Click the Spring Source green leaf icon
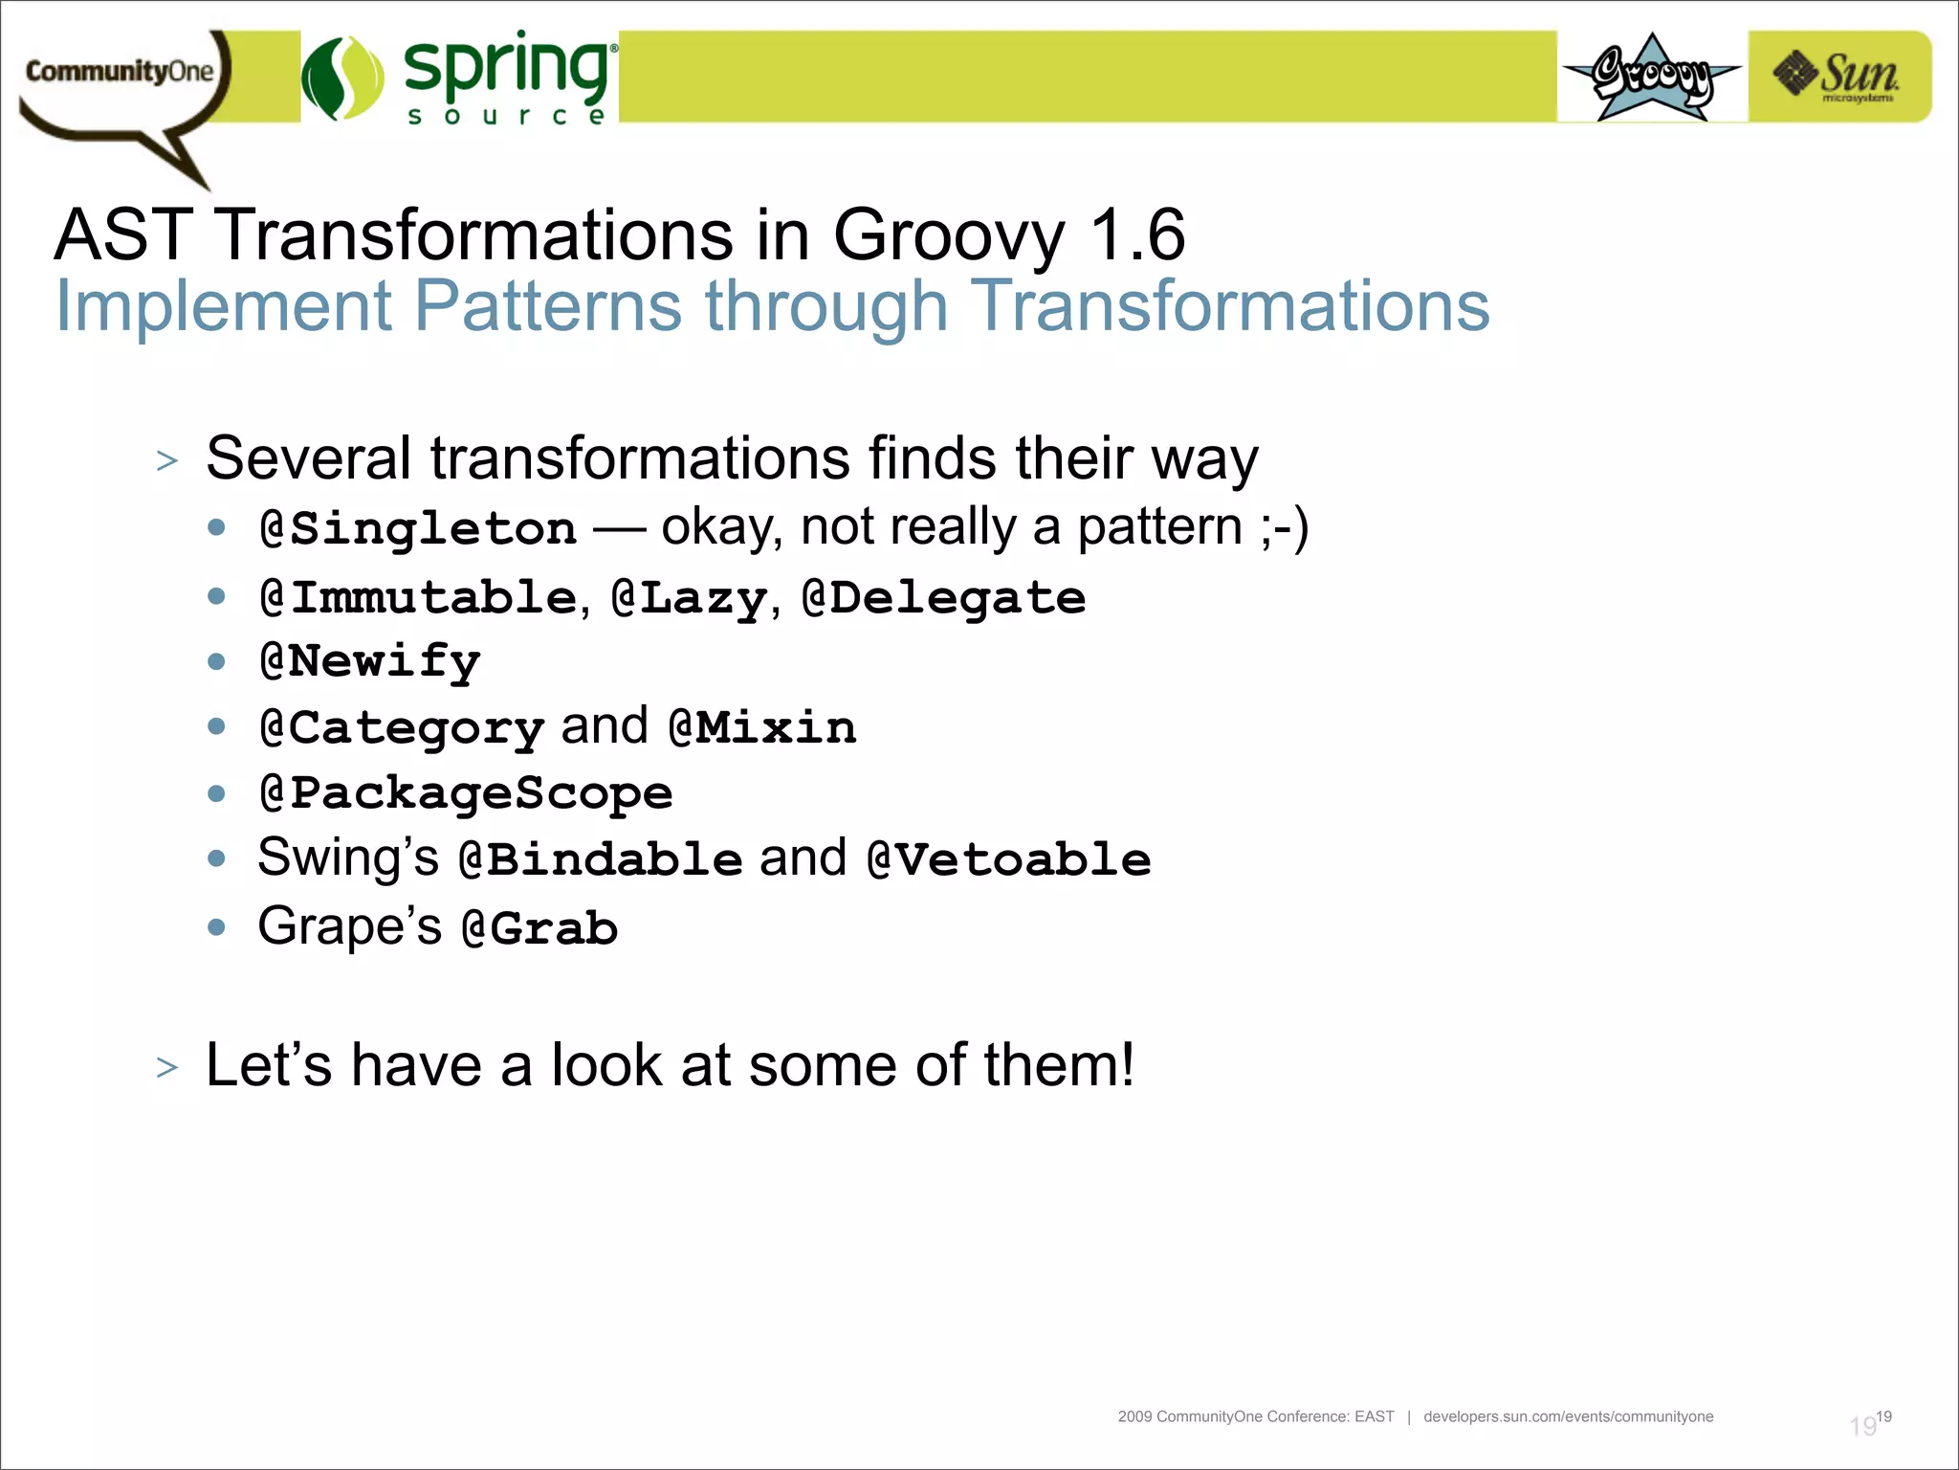pyautogui.click(x=341, y=78)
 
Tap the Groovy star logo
pyautogui.click(x=1651, y=77)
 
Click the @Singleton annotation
pyautogui.click(x=418, y=529)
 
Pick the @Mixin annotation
pyautogui.click(x=761, y=728)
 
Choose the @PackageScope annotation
pyautogui.click(x=466, y=793)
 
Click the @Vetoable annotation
pyautogui.click(x=1008, y=859)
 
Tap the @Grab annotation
pyautogui.click(x=539, y=928)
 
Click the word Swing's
pyautogui.click(x=347, y=857)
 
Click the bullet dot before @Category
pyautogui.click(x=217, y=727)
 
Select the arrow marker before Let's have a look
pyautogui.click(x=167, y=1067)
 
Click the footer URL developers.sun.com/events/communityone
pyautogui.click(x=1568, y=1416)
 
